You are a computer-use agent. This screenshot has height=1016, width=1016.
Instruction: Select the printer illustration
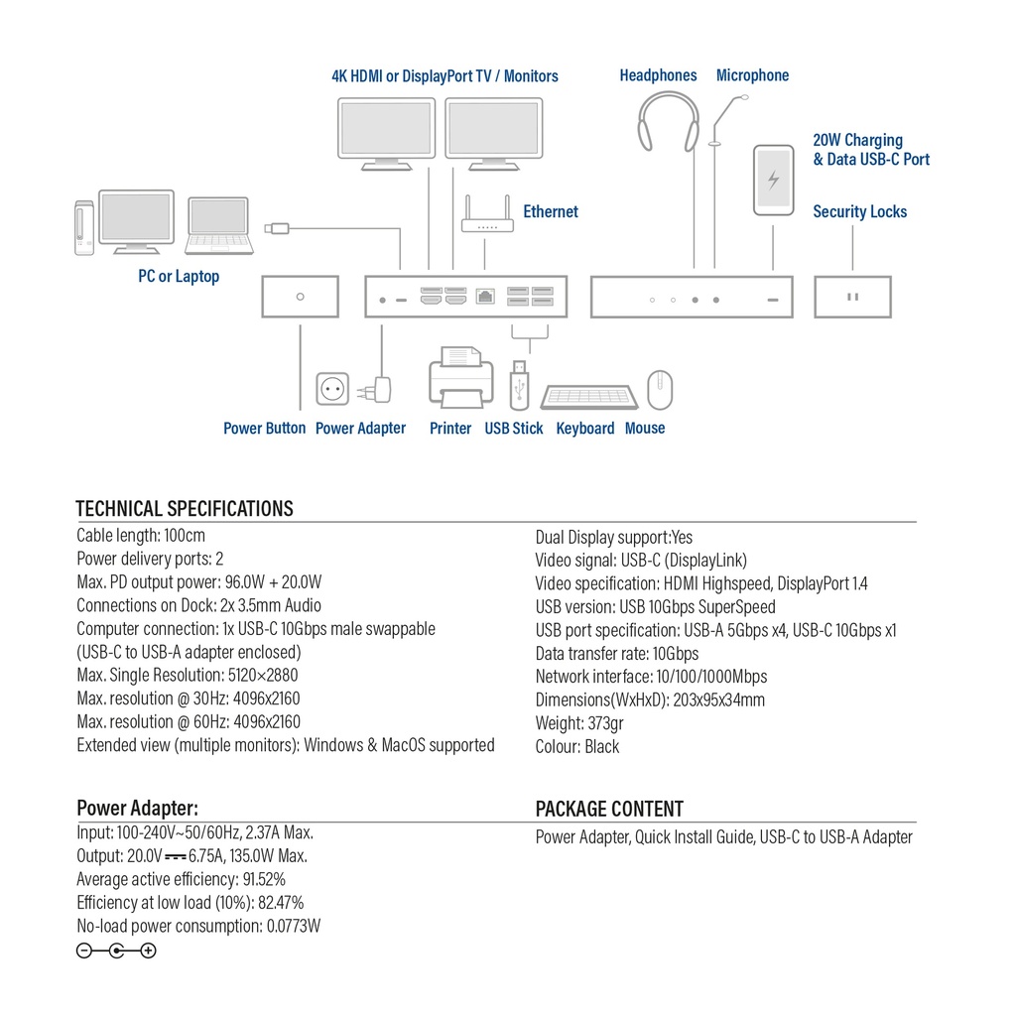460,378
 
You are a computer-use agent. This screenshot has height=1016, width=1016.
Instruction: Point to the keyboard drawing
588,397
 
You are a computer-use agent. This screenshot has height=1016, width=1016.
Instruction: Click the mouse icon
660,390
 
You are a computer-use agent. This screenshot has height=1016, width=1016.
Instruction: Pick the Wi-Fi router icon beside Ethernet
487,221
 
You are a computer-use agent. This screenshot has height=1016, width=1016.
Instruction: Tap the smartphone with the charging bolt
774,180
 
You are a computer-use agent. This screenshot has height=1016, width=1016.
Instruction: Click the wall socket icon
332,388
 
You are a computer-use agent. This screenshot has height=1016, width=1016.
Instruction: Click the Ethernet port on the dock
485,297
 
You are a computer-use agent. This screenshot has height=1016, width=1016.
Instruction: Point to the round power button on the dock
301,297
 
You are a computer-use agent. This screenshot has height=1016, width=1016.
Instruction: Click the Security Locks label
859,211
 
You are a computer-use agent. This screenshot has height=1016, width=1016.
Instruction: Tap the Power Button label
264,429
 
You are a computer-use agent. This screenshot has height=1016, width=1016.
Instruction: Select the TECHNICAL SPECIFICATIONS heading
185,509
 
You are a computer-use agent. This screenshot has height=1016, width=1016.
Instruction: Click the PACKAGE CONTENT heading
609,809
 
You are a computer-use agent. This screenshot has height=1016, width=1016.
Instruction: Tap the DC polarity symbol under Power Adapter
116,951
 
